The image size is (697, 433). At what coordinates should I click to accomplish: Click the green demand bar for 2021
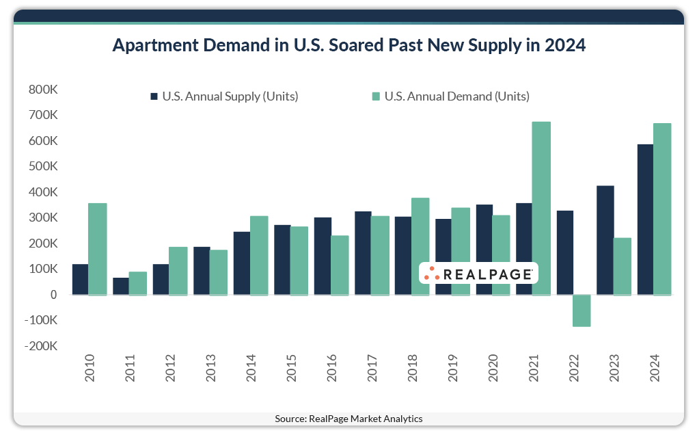click(x=541, y=208)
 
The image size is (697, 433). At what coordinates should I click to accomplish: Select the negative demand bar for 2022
click(x=582, y=311)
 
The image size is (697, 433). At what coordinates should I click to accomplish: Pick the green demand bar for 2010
click(x=98, y=249)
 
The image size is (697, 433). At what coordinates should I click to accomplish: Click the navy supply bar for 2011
click(x=121, y=286)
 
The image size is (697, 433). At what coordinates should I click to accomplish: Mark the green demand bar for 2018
click(x=420, y=246)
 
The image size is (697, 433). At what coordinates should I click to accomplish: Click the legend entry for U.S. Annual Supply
click(x=224, y=96)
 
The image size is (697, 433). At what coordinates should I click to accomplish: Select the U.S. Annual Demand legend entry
click(x=450, y=96)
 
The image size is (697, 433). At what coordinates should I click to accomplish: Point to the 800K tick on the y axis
click(x=42, y=90)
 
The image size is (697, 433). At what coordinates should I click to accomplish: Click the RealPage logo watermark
click(x=478, y=274)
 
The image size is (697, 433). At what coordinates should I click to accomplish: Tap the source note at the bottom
click(x=348, y=419)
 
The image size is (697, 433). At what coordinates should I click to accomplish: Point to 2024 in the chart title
click(x=563, y=46)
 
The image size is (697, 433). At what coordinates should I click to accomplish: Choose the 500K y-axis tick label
click(x=42, y=166)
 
